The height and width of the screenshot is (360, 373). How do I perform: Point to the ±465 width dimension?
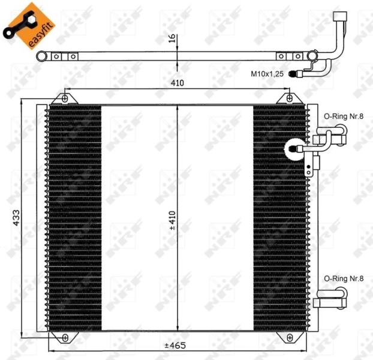coord(176,346)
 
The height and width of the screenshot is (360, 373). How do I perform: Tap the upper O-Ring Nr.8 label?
coord(344,116)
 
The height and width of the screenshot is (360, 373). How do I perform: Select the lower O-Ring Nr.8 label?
coord(344,278)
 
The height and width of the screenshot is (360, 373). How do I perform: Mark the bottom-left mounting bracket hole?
coord(65,338)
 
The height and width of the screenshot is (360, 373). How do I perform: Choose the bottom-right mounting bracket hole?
coord(290,338)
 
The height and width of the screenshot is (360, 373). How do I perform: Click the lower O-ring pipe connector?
coord(332,293)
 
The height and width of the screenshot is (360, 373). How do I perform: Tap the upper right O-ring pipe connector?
coord(333,136)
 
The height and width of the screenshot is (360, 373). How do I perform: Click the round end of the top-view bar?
coord(41,57)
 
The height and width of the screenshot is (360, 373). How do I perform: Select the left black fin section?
coord(74,218)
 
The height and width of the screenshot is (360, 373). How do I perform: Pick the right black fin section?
coord(280,218)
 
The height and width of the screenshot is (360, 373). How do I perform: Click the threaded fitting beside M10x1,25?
coord(294,75)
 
